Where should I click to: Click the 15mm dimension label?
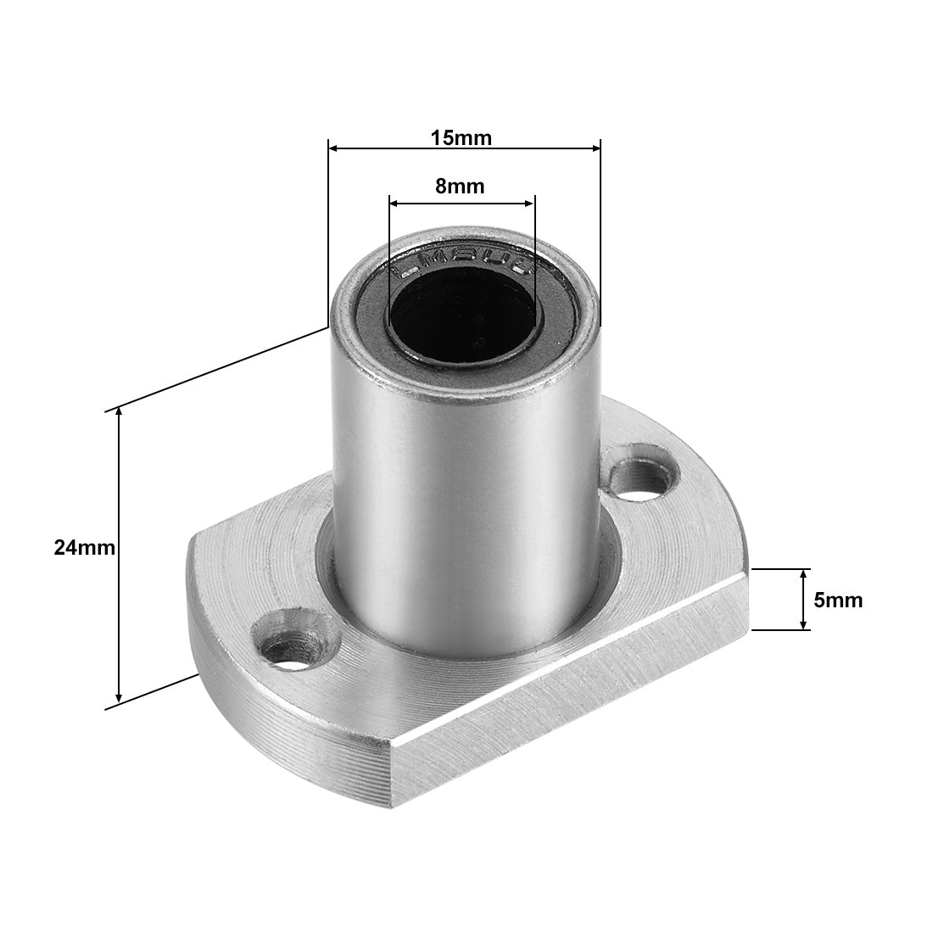[x=461, y=137]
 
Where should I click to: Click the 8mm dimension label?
[x=460, y=187]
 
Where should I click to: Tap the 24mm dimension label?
[x=84, y=548]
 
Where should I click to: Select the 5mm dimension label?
[x=838, y=601]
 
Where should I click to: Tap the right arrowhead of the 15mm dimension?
[x=595, y=148]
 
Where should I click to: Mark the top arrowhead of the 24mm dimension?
[x=119, y=413]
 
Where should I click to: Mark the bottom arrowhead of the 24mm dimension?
[x=119, y=697]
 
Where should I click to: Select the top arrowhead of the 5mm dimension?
[x=805, y=574]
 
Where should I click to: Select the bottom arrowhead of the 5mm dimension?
[x=805, y=625]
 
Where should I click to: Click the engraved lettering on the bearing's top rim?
[x=462, y=260]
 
